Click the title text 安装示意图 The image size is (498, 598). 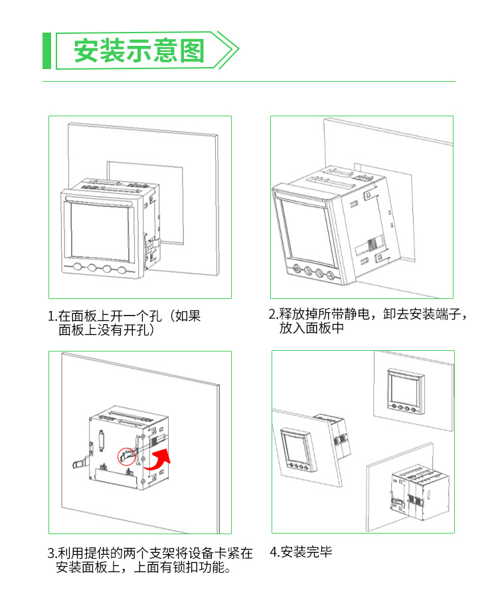point(139,50)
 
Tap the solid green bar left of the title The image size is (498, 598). point(46,50)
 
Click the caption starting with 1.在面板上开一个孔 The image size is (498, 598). point(124,323)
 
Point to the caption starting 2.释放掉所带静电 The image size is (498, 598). point(367,321)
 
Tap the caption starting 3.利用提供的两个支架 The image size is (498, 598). point(150,560)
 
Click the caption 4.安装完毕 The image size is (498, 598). point(301,551)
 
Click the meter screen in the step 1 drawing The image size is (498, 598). point(100,232)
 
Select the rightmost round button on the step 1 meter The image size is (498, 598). point(122,270)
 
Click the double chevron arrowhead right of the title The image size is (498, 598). point(226,50)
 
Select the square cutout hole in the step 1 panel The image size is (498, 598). point(145,203)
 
